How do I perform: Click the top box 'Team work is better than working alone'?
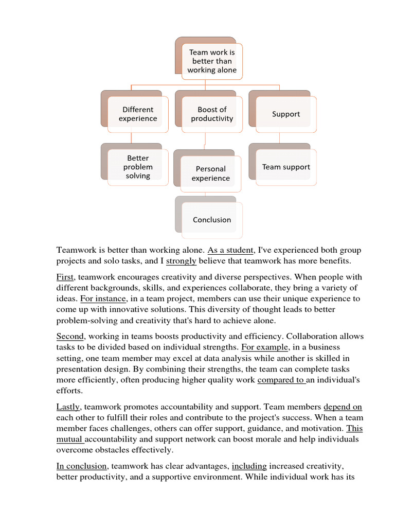click(212, 61)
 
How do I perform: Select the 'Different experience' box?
click(138, 114)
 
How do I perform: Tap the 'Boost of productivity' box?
click(212, 114)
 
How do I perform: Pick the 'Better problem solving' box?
click(138, 167)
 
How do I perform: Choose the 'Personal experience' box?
click(211, 173)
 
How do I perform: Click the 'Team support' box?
click(286, 167)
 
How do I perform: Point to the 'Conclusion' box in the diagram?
click(212, 220)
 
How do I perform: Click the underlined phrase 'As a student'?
click(230, 250)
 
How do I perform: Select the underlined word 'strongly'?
click(181, 261)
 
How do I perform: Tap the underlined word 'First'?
click(65, 277)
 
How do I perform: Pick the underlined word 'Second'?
click(70, 336)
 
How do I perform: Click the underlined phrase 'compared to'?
click(281, 380)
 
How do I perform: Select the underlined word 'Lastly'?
click(68, 407)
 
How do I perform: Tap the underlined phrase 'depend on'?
click(343, 407)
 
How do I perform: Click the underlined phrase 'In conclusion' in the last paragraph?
click(82, 466)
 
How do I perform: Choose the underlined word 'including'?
click(249, 466)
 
